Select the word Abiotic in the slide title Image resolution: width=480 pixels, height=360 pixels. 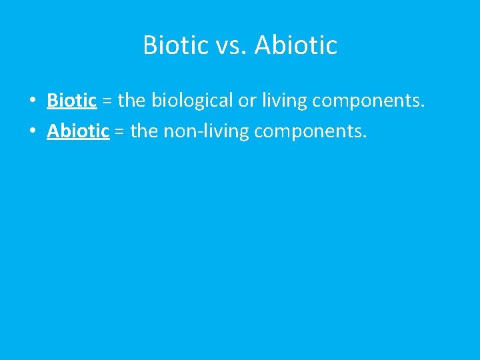[296, 45]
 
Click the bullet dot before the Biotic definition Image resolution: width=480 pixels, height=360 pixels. [32, 101]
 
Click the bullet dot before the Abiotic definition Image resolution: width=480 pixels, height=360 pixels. [32, 131]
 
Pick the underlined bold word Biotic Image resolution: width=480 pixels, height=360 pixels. [71, 101]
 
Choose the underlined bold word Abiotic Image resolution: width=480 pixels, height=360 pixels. [77, 131]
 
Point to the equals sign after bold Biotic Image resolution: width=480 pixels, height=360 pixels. [107, 101]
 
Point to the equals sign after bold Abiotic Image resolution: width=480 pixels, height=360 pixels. [119, 131]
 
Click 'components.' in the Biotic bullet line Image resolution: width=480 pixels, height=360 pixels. [368, 101]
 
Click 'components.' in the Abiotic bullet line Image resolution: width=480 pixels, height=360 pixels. [310, 131]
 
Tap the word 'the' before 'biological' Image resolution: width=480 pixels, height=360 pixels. [132, 101]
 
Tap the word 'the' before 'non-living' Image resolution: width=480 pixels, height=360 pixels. [144, 131]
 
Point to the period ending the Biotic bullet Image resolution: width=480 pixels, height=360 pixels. [422, 107]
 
